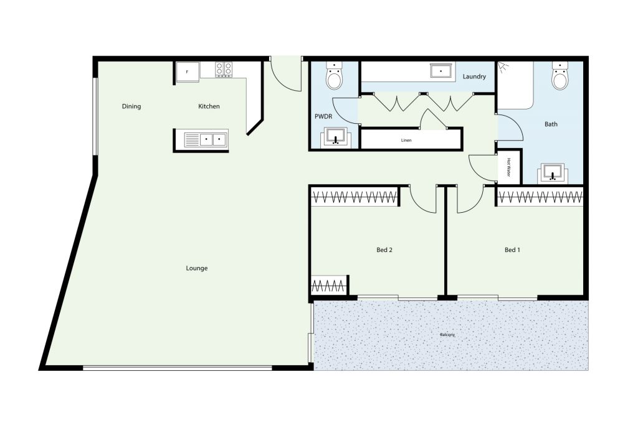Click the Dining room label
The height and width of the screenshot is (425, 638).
tap(131, 106)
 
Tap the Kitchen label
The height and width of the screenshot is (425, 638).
tap(209, 106)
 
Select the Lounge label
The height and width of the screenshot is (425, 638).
tap(196, 268)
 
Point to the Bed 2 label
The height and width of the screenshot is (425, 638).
tap(384, 250)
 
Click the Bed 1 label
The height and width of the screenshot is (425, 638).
tap(512, 250)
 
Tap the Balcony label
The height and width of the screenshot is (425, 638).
tap(447, 335)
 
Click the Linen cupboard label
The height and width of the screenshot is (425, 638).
tap(406, 140)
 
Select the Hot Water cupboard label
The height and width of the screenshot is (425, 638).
tap(508, 167)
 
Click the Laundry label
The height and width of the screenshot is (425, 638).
tap(474, 77)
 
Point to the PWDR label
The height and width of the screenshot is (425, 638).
tap(323, 116)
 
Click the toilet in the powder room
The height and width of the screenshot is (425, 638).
tap(335, 75)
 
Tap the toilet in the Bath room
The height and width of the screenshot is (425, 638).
tap(560, 75)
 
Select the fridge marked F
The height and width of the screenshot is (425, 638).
tap(188, 72)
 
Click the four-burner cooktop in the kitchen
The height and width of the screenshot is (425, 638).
tap(224, 69)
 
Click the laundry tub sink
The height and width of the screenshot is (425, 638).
tap(441, 71)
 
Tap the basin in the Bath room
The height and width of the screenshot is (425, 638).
tap(553, 174)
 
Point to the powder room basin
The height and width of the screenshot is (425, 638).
tap(335, 138)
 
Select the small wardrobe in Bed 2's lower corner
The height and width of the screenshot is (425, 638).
tap(329, 285)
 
